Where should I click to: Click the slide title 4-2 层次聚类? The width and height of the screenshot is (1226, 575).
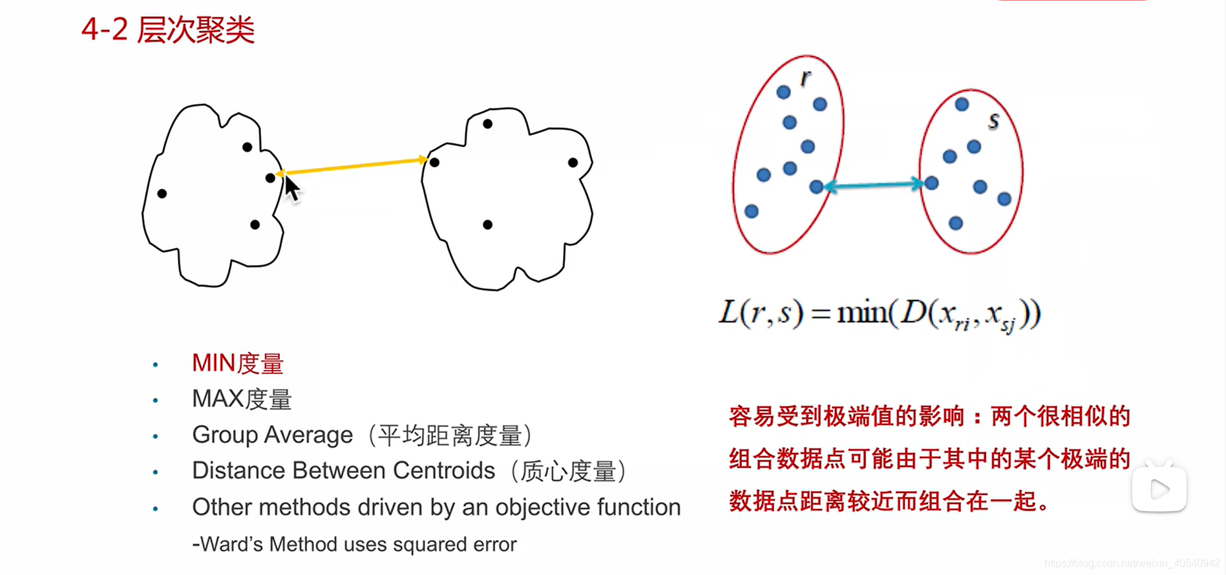(168, 30)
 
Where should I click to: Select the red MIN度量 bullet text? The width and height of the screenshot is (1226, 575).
(237, 364)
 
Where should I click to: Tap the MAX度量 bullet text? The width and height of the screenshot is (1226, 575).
(242, 399)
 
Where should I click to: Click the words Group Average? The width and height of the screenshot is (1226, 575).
(272, 435)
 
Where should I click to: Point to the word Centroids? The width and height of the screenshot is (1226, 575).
(443, 471)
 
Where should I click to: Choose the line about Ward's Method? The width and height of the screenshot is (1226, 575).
(354, 545)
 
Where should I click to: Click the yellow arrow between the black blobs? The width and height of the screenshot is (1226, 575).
(353, 166)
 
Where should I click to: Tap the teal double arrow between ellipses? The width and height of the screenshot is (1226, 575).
(873, 185)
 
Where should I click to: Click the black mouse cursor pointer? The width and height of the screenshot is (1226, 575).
(291, 189)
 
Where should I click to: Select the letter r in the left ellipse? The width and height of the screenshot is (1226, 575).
(805, 78)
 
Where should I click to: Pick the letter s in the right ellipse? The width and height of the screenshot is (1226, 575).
(993, 120)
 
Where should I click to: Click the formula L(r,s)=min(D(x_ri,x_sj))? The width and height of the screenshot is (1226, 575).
(880, 315)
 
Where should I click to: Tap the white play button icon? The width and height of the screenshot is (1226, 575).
(1159, 489)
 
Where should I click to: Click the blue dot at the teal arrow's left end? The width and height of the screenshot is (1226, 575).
(816, 187)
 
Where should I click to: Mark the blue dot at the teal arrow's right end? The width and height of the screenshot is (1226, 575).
(931, 183)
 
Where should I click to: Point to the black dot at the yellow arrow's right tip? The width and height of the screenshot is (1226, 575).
(434, 162)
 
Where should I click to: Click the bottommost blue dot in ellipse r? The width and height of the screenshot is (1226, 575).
(751, 211)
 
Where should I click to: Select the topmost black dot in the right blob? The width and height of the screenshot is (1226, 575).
(487, 123)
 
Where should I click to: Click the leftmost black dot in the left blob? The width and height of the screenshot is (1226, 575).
(162, 193)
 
